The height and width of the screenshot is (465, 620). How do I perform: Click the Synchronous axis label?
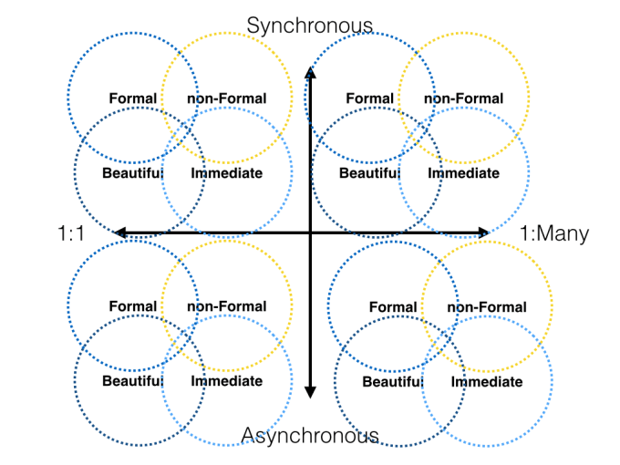tap(310, 25)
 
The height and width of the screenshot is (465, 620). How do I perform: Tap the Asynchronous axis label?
tap(310, 436)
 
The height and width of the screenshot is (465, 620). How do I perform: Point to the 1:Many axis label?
tap(554, 233)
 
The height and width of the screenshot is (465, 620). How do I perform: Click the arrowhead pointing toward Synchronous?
tap(310, 74)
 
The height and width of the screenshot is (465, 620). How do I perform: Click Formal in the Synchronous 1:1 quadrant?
tap(132, 98)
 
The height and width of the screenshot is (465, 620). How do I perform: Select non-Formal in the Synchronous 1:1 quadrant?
tap(226, 98)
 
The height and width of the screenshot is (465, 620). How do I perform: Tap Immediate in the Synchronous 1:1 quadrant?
tap(226, 173)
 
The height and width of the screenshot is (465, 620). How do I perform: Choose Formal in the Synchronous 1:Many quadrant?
tap(369, 98)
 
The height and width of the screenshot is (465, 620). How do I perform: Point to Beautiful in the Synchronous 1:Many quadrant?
tap(369, 173)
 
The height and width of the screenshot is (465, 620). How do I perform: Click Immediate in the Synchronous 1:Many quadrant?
tap(463, 173)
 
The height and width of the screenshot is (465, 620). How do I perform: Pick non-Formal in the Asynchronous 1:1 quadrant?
tap(226, 306)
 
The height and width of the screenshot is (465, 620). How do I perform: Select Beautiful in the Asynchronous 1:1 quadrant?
tap(132, 381)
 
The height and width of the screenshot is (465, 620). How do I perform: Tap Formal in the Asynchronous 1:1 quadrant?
tap(132, 306)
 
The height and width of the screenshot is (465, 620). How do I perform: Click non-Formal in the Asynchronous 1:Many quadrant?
tap(486, 307)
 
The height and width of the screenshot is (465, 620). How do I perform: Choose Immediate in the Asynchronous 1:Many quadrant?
tap(486, 382)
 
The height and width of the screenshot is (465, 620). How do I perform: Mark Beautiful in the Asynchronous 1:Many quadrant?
tap(392, 382)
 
